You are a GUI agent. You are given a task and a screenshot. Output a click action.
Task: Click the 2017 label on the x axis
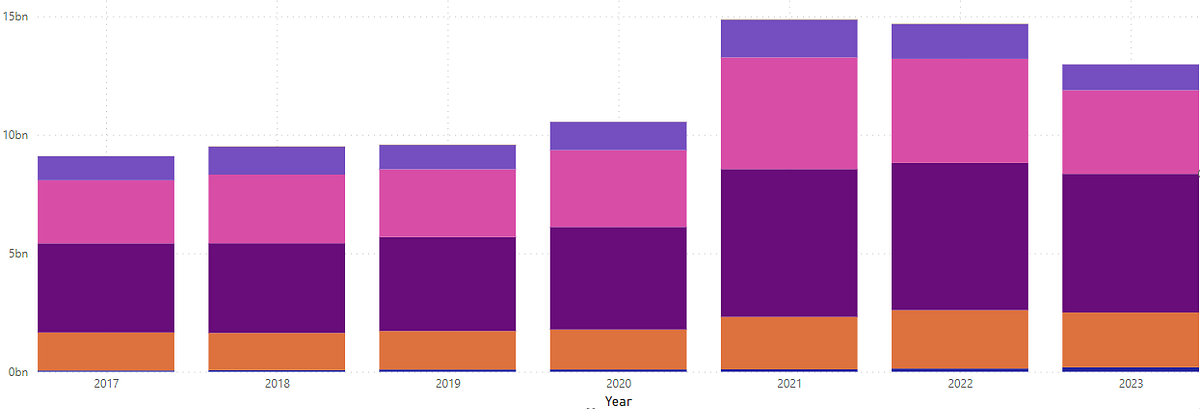click(x=106, y=383)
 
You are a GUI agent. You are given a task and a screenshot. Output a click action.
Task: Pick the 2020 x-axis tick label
click(x=618, y=383)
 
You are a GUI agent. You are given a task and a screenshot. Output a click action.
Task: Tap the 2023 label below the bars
click(x=1130, y=383)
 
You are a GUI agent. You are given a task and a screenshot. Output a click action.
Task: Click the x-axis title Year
click(x=618, y=401)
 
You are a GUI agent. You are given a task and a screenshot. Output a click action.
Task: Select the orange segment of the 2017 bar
click(x=106, y=351)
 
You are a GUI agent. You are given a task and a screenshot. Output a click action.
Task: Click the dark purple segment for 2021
click(x=789, y=243)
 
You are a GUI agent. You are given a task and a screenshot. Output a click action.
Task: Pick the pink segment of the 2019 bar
click(x=447, y=203)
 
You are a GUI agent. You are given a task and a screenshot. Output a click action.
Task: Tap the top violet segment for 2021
click(x=789, y=38)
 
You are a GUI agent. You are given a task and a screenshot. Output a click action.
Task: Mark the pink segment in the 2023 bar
click(x=1130, y=132)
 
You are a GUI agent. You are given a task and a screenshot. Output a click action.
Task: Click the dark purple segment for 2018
click(x=277, y=288)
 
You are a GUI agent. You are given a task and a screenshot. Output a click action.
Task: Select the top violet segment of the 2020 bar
click(x=618, y=136)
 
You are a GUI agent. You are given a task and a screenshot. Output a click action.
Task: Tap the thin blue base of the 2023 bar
click(x=1130, y=369)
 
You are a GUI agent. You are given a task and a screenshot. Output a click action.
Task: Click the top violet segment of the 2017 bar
click(x=106, y=168)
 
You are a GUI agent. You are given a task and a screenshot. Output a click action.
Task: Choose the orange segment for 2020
click(x=618, y=349)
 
